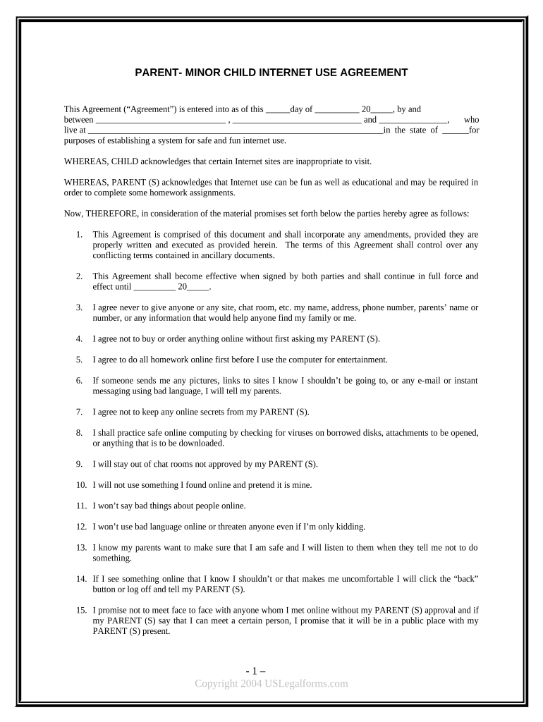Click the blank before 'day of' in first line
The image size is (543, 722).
pyautogui.click(x=278, y=110)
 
